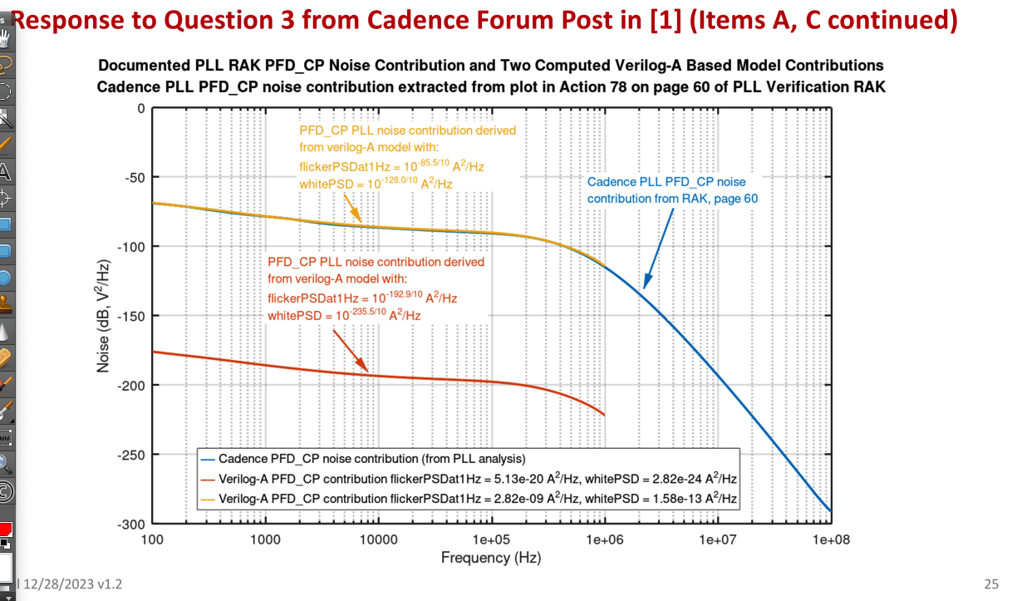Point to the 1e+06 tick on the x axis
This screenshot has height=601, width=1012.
click(605, 539)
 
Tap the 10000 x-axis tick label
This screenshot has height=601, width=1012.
click(378, 539)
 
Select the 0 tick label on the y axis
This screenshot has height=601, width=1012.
click(141, 108)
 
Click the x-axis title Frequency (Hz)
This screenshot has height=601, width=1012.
click(491, 557)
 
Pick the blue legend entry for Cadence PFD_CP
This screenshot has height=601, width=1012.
click(371, 459)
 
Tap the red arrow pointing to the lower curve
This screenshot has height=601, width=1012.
click(350, 350)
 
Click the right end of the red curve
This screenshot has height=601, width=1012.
click(604, 414)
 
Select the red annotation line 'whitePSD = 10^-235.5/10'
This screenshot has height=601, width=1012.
click(344, 316)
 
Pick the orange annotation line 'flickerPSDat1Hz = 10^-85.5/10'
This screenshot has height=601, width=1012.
click(391, 166)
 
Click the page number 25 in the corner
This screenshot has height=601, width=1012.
click(990, 584)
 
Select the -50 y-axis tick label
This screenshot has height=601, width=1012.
click(134, 178)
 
